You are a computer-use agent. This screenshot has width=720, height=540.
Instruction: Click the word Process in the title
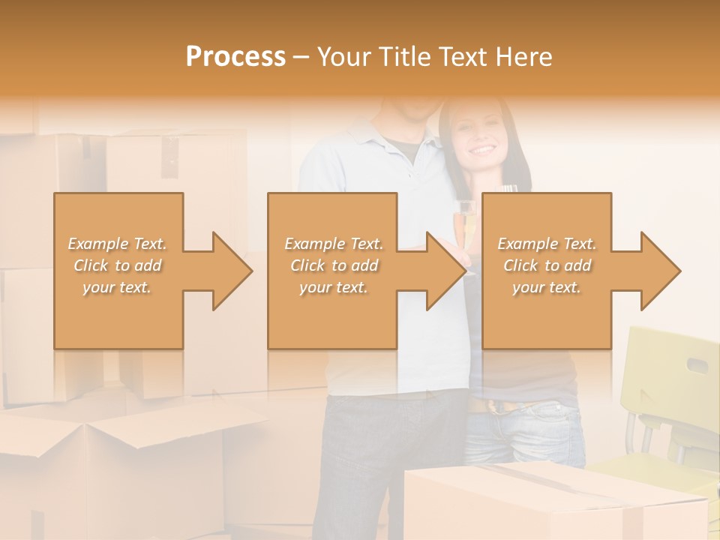point(235,57)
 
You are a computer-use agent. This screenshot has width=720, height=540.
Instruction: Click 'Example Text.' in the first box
point(118,244)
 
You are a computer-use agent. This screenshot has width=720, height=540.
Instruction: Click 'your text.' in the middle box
point(334,287)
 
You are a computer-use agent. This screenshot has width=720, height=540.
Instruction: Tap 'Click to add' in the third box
point(547,265)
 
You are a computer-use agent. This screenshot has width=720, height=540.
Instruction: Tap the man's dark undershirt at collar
point(406,147)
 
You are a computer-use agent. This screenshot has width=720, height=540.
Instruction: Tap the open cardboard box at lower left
point(112,465)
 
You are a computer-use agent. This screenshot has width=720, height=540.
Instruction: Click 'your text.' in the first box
point(117,287)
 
